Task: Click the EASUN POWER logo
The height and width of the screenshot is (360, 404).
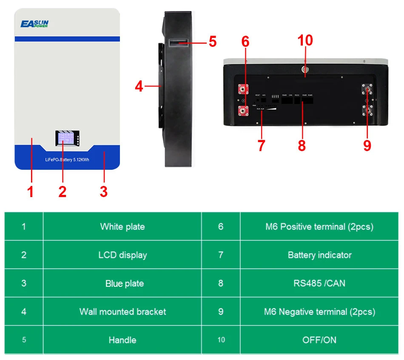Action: click(x=34, y=24)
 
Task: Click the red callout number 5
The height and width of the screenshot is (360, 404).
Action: click(x=212, y=42)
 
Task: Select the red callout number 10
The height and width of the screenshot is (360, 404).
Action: click(x=305, y=40)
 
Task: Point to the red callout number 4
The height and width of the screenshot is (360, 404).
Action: click(x=139, y=86)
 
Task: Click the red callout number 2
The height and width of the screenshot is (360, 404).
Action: click(x=63, y=191)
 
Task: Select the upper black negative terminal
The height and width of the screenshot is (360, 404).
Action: click(x=367, y=90)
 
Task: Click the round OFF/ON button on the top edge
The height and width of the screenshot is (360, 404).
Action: click(x=305, y=69)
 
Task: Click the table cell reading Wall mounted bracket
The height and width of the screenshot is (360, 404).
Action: click(x=122, y=311)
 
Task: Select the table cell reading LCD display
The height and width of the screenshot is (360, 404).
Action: click(x=122, y=255)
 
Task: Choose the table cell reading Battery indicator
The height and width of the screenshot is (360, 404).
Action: click(x=319, y=255)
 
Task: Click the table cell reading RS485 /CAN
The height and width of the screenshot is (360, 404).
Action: click(x=319, y=283)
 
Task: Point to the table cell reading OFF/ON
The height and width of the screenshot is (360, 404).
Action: click(x=319, y=340)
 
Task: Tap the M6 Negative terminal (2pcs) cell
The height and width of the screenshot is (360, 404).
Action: click(x=319, y=311)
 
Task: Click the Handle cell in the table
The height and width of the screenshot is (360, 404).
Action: click(x=122, y=340)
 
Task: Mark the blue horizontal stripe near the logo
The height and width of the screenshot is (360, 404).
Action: click(x=67, y=39)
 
